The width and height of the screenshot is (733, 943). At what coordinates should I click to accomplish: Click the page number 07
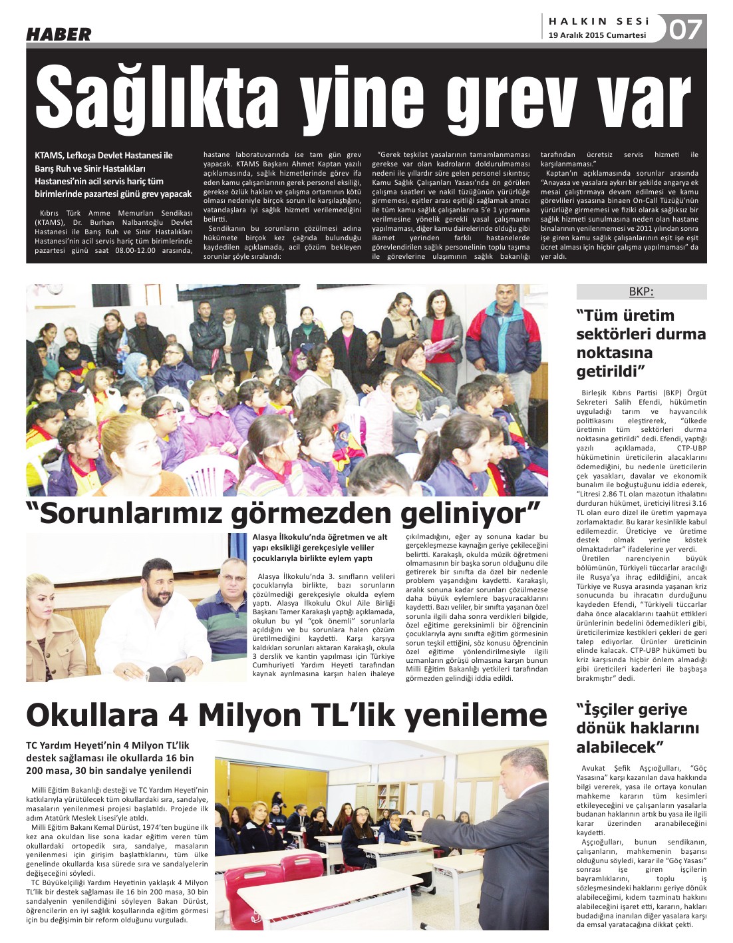pos(685,30)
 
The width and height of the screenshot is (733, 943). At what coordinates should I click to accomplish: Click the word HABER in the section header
pos(59,34)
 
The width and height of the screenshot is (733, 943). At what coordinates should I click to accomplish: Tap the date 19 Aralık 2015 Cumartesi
pos(597,35)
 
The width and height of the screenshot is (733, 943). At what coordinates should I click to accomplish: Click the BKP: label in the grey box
pos(641,291)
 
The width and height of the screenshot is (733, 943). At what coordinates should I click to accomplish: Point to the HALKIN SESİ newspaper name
pos(599,21)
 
